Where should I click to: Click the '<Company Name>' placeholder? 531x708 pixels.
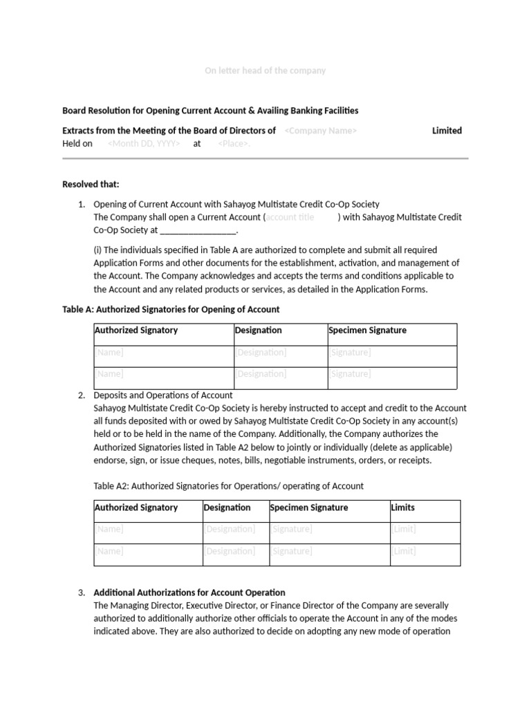(x=320, y=131)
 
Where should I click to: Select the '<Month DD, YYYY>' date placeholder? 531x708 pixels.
(x=144, y=144)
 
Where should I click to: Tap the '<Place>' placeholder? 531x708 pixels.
(x=234, y=144)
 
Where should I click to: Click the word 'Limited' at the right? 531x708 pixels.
(x=447, y=131)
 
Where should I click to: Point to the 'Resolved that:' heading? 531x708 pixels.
(x=91, y=184)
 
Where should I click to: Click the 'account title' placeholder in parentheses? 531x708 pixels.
(x=290, y=217)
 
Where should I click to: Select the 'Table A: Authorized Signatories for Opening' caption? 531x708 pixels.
(x=171, y=309)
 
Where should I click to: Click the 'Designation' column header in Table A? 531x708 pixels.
(x=259, y=330)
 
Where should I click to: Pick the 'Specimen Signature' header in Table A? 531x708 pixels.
(x=367, y=330)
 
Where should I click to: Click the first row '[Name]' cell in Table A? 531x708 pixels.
(x=109, y=353)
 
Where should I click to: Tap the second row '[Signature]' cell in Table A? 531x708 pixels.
(x=350, y=374)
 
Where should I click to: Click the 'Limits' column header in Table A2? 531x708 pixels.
(x=402, y=507)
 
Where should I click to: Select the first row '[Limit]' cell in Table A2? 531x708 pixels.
(x=404, y=529)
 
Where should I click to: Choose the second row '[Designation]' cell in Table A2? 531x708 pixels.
(x=229, y=551)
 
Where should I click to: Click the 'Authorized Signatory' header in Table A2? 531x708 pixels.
(x=136, y=507)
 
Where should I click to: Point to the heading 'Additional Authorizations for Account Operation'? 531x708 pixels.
(x=189, y=593)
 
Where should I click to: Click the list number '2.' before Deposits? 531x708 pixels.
(x=82, y=395)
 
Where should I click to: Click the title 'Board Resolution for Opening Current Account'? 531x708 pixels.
(x=210, y=111)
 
